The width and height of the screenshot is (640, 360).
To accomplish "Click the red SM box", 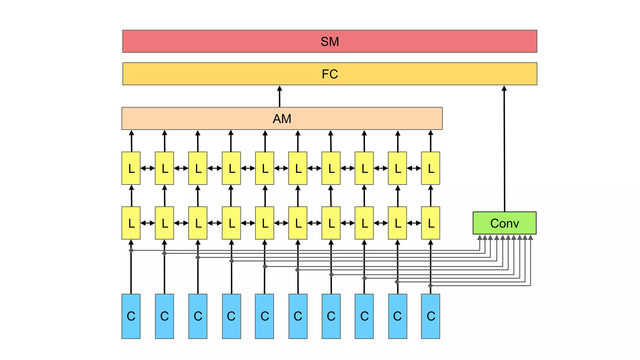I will point(329,41).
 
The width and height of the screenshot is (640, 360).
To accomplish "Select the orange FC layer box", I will point(329,74).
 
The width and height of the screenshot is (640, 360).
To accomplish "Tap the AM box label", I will point(282,119).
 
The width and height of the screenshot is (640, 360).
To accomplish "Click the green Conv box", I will point(504,223).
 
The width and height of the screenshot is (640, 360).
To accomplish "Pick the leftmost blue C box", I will point(131,316).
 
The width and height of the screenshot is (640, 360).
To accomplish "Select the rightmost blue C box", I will point(430,316).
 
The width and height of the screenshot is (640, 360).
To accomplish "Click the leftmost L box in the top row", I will point(131,168).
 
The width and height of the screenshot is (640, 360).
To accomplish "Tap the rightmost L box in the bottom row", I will point(430,223).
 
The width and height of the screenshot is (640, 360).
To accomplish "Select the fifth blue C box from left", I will point(264,316).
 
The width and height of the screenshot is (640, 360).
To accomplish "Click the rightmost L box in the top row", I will point(430,168).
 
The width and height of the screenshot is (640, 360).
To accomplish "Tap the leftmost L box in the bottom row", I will point(131,223).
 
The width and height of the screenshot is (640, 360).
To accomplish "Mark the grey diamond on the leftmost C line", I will point(131,250).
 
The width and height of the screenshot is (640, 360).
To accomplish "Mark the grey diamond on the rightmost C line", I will point(430,286).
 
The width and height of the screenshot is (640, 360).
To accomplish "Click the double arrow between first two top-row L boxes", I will point(147,168).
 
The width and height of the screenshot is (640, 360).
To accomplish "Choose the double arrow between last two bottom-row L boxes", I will point(414,223).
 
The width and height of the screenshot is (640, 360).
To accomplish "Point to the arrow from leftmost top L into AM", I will point(132,141).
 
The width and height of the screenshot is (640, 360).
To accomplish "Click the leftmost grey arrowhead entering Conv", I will point(480,238).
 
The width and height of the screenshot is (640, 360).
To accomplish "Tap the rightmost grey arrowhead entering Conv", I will point(530,238).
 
